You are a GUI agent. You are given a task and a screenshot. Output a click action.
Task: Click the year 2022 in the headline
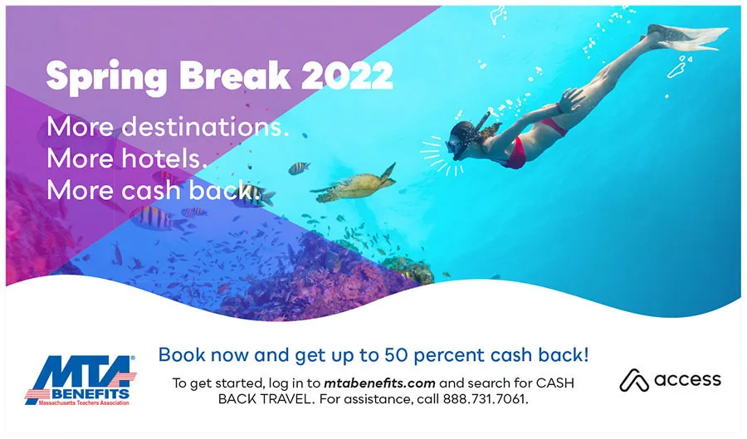[x=347, y=76]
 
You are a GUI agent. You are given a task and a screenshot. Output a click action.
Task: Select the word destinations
[x=205, y=127]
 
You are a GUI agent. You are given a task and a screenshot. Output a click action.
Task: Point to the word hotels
[x=165, y=158]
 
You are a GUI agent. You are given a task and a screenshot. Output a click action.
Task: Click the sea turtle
[x=355, y=185]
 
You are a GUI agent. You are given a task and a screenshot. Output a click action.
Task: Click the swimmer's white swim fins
[x=686, y=37]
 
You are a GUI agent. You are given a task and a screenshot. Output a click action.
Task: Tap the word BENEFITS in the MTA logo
[x=90, y=394]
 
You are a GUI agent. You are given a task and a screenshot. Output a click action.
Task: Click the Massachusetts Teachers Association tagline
[x=84, y=402]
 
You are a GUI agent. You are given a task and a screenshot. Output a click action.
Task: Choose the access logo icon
[x=634, y=380]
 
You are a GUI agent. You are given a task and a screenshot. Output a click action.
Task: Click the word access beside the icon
[x=687, y=379]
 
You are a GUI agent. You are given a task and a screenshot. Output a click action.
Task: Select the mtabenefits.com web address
[x=379, y=383]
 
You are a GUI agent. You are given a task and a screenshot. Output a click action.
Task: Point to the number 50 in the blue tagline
[x=397, y=355]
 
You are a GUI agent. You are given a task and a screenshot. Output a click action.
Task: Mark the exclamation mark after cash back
[x=585, y=354]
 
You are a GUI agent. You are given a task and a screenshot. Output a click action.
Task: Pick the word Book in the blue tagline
[x=182, y=355]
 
